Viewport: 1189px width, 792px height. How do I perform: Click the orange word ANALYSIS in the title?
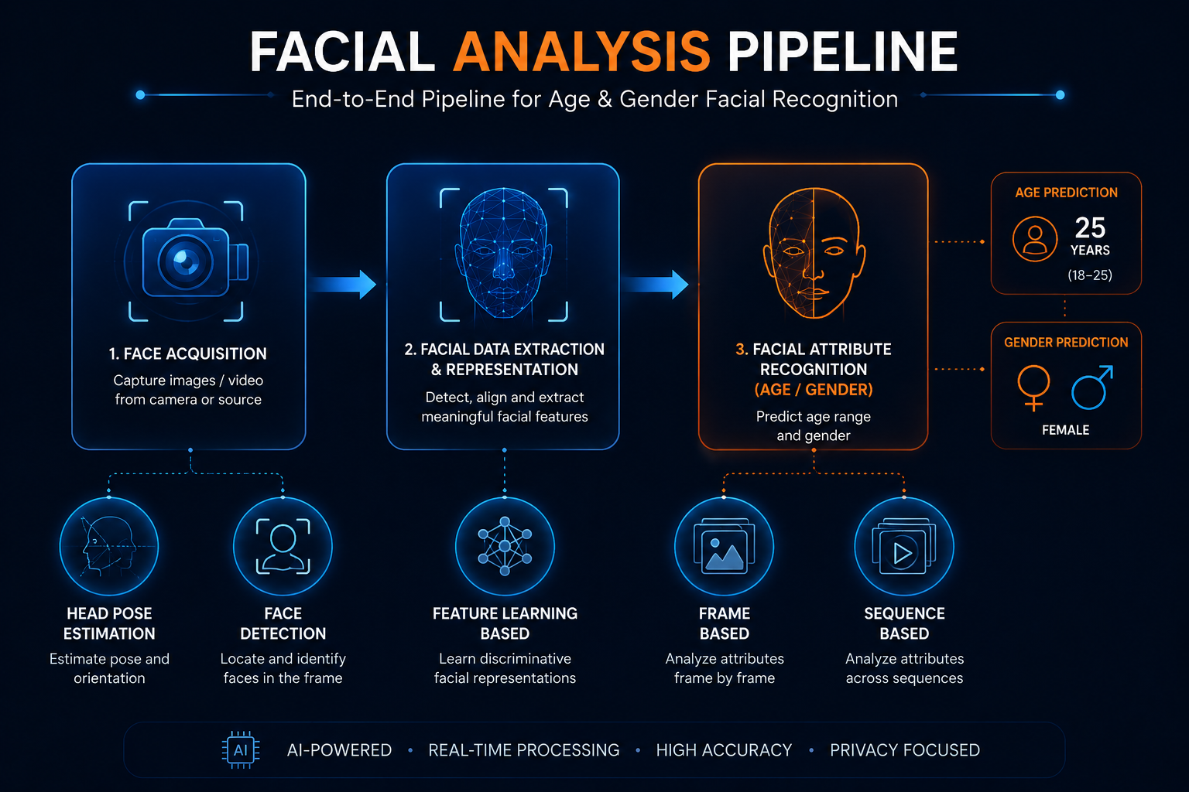[581, 52]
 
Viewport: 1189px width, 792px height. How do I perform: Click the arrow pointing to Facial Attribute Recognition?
[655, 285]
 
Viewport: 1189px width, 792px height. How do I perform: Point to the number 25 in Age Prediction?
[1090, 227]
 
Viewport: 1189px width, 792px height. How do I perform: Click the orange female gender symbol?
[1033, 387]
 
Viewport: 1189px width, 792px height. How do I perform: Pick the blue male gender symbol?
[1092, 387]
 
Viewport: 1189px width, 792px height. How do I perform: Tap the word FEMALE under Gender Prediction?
[1065, 430]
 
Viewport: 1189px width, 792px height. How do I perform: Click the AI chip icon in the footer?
[241, 749]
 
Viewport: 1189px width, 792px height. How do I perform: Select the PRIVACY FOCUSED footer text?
[905, 750]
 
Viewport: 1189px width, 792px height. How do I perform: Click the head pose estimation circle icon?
[109, 546]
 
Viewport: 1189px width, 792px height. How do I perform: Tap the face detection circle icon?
[283, 546]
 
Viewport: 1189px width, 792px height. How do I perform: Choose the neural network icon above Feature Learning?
[505, 546]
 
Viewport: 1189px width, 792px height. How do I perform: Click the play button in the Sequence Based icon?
[903, 554]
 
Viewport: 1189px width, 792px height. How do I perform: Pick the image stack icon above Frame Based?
[724, 546]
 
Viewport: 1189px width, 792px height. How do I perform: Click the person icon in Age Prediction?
[1034, 239]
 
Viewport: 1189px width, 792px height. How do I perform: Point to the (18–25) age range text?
[1090, 275]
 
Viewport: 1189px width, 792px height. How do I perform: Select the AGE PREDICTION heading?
[1066, 193]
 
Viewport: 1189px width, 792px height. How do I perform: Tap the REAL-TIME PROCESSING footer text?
[524, 750]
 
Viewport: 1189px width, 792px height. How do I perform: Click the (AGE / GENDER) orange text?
[814, 390]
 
